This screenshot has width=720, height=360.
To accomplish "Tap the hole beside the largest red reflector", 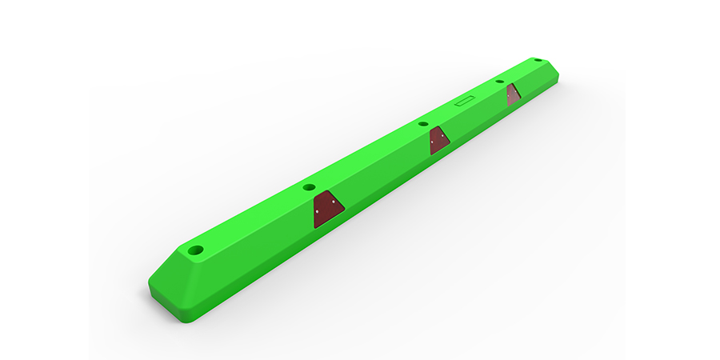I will (310, 187).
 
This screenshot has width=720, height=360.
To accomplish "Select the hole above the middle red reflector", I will (423, 125).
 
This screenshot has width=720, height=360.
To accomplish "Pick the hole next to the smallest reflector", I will (500, 82).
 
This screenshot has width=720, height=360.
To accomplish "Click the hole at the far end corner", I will (538, 60).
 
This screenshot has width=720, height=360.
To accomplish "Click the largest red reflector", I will (327, 207).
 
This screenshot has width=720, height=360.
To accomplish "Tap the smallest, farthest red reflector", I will (513, 94).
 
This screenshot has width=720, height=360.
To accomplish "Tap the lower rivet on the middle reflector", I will (434, 146).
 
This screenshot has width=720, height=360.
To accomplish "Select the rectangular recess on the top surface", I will (465, 102).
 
